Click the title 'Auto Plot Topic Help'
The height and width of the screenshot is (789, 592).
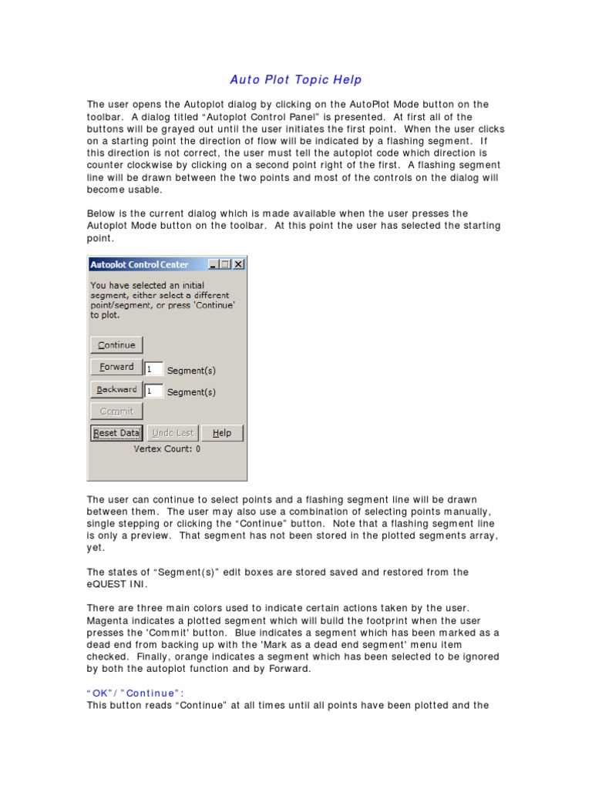click(296, 80)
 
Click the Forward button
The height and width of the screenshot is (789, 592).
click(116, 368)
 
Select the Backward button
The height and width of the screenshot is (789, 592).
click(116, 390)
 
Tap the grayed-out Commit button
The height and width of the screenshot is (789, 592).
click(116, 411)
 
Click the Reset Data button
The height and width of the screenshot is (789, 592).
click(116, 433)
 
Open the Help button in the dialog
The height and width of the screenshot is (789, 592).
click(222, 433)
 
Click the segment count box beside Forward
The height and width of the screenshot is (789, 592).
click(153, 369)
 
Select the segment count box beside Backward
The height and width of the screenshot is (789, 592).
click(153, 391)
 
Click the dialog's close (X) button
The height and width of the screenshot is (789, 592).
click(238, 264)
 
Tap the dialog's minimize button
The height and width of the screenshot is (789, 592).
click(214, 264)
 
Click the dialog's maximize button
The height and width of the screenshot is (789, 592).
click(225, 264)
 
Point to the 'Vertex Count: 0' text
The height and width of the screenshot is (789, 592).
click(167, 448)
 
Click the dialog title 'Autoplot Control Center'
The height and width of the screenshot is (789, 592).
click(140, 264)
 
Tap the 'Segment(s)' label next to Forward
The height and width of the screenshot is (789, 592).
click(191, 371)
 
